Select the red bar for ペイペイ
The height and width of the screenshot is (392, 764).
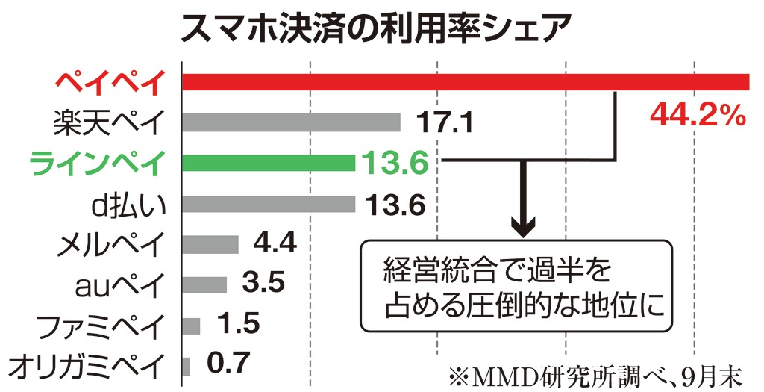coord(466,81)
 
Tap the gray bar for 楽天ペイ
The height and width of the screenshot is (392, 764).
coord(291,122)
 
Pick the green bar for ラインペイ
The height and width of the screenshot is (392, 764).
coord(268,162)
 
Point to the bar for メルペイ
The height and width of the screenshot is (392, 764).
coord(210,244)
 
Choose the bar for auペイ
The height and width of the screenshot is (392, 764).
coord(204,284)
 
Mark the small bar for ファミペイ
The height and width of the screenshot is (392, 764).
coord(191,325)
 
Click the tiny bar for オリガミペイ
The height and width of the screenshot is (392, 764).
coord(186,366)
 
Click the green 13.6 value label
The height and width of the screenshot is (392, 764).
coord(393,162)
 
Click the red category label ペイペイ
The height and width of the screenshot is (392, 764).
coord(108,81)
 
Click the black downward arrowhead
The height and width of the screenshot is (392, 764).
coord(524,222)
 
